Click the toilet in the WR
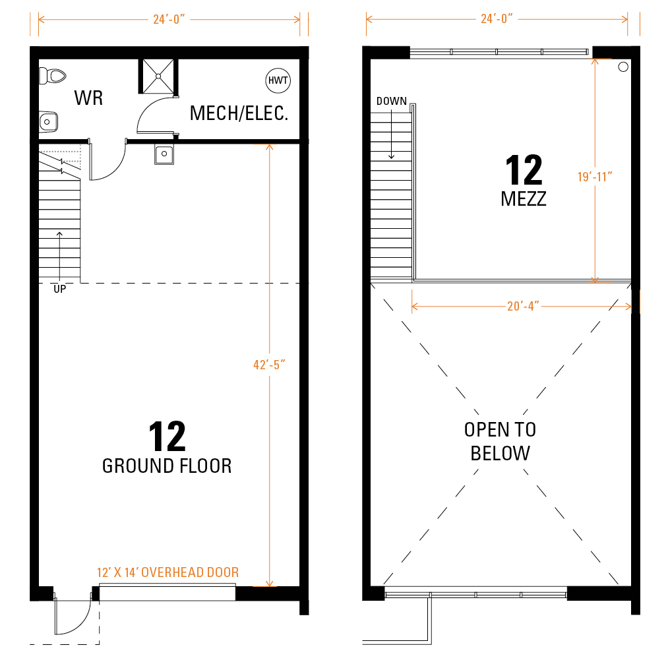tap(53, 76)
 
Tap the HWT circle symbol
tap(278, 80)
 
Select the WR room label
tap(88, 98)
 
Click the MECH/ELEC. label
tap(239, 113)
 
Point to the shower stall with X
tap(158, 76)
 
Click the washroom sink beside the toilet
tap(48, 122)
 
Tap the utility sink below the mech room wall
tap(164, 154)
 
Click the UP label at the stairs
tap(59, 289)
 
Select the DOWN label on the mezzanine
tap(392, 102)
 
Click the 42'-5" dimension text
tap(269, 365)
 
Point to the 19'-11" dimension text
tap(595, 177)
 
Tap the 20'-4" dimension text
tap(523, 307)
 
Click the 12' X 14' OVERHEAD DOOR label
tap(168, 572)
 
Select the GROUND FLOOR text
tap(167, 466)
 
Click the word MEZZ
tap(524, 199)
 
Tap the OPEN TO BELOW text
tap(500, 441)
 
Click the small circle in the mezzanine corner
tap(623, 67)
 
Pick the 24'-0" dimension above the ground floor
tap(169, 19)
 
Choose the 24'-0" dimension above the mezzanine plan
tap(497, 18)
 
